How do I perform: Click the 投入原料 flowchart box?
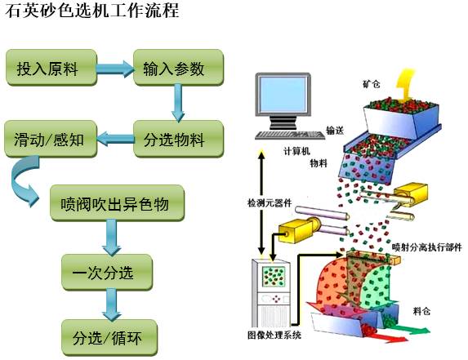[51, 68]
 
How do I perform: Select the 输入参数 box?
[178, 68]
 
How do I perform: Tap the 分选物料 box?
[178, 139]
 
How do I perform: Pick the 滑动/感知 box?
[51, 139]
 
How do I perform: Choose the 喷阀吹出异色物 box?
[117, 203]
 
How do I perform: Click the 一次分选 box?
[107, 272]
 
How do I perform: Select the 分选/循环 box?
[109, 338]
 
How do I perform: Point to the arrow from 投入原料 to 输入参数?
[115, 69]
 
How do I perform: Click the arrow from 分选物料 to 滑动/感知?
[115, 139]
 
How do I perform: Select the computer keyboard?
[290, 135]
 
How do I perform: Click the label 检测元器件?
[270, 203]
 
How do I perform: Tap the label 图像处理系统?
[274, 336]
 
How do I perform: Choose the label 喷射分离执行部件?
[427, 247]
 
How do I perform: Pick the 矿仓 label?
[372, 84]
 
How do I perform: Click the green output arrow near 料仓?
[412, 330]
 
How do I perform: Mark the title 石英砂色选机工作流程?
[92, 11]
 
